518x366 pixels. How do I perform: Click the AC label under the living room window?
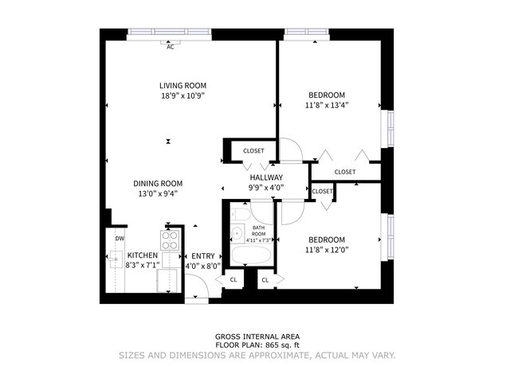click(x=171, y=47)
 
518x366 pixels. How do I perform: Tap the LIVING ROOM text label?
click(x=182, y=85)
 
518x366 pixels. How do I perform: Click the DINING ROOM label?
click(x=157, y=182)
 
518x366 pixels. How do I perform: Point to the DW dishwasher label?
click(x=120, y=238)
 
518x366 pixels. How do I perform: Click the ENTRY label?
click(x=202, y=255)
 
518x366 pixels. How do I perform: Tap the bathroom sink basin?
click(x=237, y=234)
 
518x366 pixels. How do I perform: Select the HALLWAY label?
click(x=266, y=177)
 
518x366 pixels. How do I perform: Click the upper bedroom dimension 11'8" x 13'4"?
click(x=327, y=104)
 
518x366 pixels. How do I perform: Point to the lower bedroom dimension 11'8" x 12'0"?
click(x=327, y=250)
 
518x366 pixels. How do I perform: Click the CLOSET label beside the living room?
click(x=253, y=150)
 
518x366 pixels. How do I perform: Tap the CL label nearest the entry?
click(x=233, y=279)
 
